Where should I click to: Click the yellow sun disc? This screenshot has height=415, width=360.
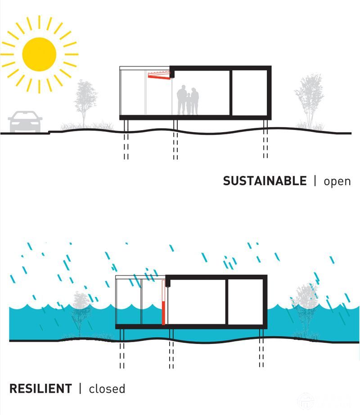point(39,54)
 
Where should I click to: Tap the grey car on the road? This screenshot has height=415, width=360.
point(25,122)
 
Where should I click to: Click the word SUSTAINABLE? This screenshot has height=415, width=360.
point(265,181)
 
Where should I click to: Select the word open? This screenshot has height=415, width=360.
point(337,182)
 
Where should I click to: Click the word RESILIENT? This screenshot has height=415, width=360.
point(40,388)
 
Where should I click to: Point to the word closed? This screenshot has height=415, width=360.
point(107,388)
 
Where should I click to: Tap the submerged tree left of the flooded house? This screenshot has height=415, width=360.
point(80,310)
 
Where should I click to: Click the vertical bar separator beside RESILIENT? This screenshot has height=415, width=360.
point(80,388)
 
